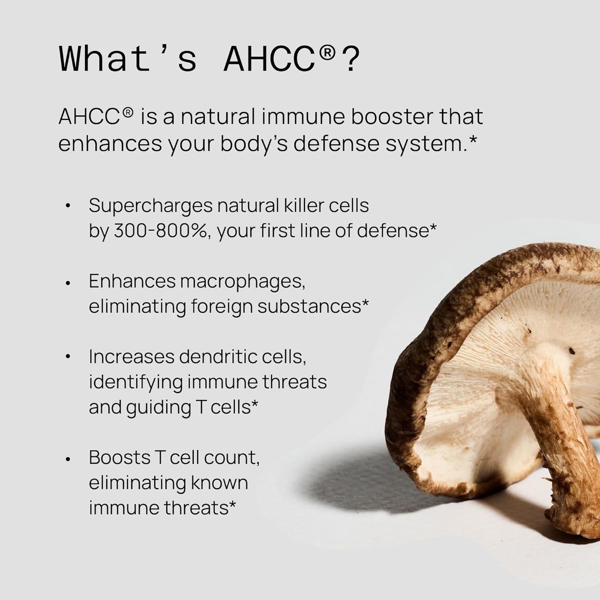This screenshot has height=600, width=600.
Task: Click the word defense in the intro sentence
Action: point(335,144)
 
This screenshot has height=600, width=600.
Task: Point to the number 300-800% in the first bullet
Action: point(160,231)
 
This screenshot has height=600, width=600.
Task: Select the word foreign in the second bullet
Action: point(222,307)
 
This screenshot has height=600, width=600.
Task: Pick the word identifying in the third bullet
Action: point(135,382)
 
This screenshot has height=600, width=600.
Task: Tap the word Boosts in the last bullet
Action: point(120,458)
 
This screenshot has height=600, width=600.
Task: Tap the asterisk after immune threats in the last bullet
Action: point(233,504)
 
